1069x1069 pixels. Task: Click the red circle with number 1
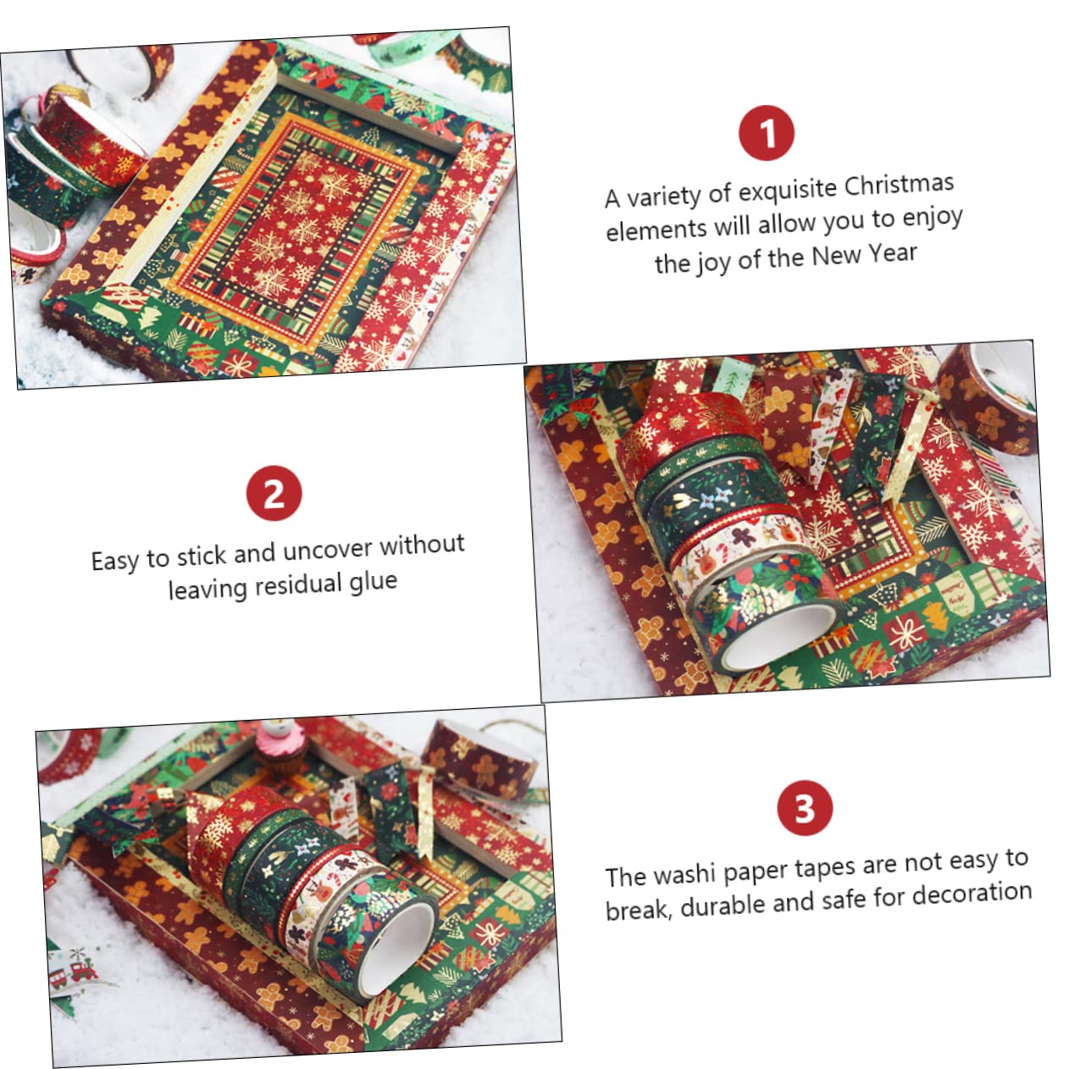[x=766, y=133]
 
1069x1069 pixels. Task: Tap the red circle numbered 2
[x=274, y=493]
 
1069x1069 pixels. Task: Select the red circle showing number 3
[x=805, y=808]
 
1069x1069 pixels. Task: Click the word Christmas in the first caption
[x=899, y=186]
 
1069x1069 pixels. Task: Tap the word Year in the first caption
[x=892, y=254]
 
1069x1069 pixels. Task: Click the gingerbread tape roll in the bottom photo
[x=479, y=755]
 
